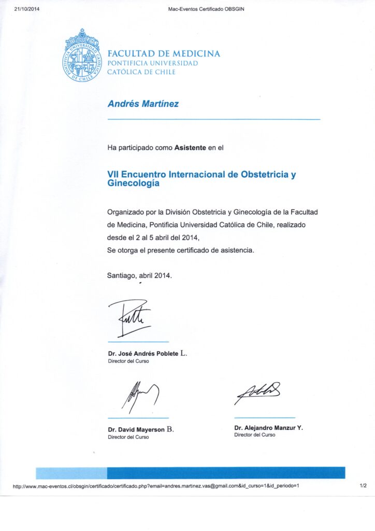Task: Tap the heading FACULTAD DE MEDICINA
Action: (x=164, y=53)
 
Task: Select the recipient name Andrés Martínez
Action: (x=143, y=104)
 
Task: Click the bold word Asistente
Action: (x=190, y=148)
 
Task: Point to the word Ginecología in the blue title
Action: (x=134, y=183)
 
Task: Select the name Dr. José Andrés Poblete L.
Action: (x=148, y=354)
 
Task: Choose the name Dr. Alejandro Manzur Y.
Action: (x=268, y=428)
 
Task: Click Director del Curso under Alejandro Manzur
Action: (x=255, y=435)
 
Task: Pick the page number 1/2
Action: (x=363, y=486)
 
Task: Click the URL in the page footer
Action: (x=155, y=486)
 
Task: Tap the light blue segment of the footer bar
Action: (x=71, y=472)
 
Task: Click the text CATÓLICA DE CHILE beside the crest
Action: (x=141, y=72)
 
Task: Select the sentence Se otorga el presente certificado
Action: (x=181, y=250)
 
